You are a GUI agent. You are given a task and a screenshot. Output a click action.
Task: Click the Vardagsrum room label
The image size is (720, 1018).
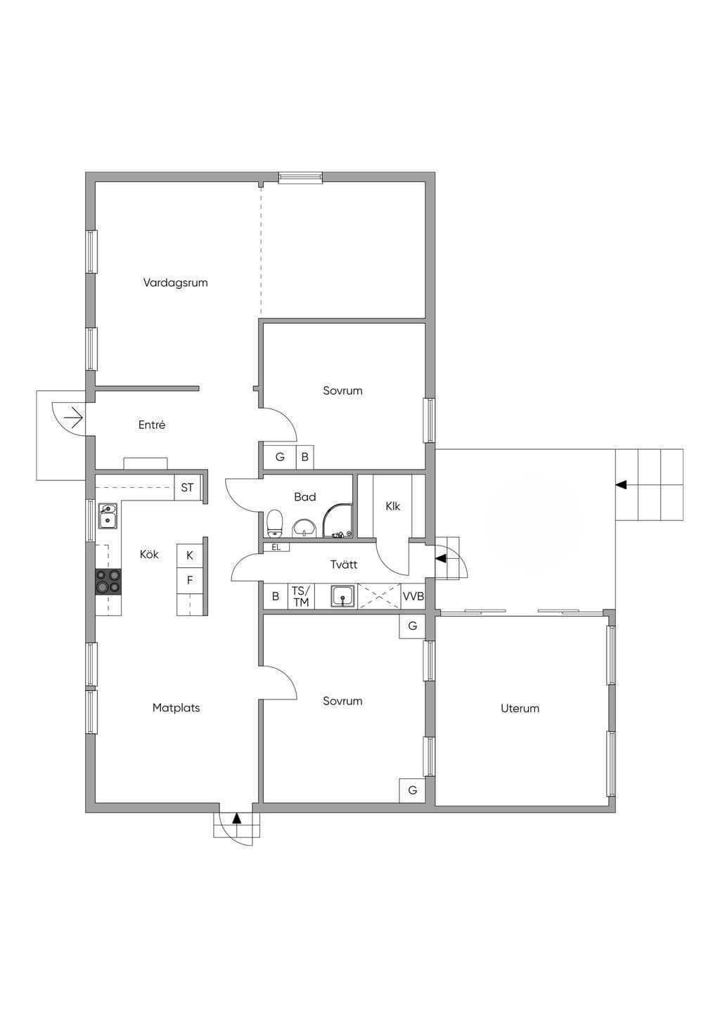(176, 283)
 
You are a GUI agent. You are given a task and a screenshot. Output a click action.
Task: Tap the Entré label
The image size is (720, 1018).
(152, 425)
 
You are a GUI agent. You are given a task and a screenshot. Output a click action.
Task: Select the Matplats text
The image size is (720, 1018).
(176, 707)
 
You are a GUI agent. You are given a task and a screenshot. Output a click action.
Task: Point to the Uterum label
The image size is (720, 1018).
(520, 708)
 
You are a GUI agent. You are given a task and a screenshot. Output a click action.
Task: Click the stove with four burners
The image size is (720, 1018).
(108, 581)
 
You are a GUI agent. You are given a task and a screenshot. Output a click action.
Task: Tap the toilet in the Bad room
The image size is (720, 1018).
(274, 523)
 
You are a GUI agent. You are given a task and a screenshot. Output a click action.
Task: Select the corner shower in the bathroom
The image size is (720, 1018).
(337, 520)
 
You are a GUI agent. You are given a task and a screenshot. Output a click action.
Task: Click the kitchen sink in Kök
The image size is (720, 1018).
(108, 515)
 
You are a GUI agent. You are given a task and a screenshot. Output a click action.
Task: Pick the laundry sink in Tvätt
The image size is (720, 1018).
(343, 595)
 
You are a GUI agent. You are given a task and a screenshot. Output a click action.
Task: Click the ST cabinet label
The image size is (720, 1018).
(187, 488)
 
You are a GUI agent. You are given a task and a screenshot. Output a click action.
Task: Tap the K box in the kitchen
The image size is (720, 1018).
(190, 555)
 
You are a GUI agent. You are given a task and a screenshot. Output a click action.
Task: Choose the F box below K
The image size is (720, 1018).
(190, 580)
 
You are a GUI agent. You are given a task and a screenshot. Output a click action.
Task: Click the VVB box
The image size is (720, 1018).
(413, 595)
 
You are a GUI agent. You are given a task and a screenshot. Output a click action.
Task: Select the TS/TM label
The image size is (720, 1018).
(301, 596)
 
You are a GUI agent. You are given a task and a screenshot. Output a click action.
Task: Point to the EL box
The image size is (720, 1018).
(276, 547)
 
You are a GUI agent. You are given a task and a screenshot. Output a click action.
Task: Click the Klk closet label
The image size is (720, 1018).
(393, 505)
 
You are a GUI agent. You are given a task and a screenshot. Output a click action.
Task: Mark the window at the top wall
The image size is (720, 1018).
(300, 178)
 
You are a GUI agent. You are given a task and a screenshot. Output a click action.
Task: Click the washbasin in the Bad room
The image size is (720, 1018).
(301, 528)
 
